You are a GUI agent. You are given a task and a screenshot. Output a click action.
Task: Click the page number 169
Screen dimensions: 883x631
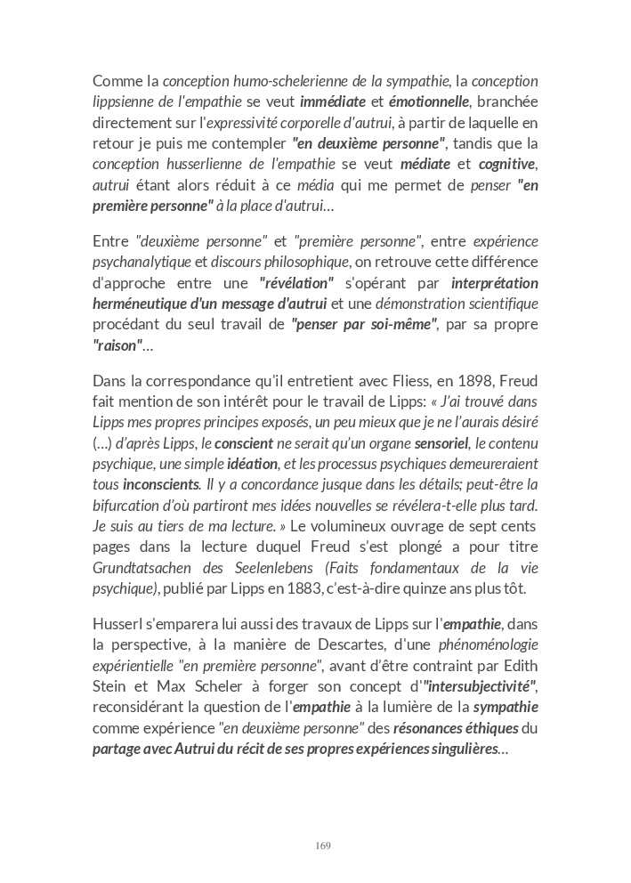point(323,846)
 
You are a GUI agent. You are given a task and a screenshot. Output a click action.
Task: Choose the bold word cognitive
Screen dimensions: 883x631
point(507,164)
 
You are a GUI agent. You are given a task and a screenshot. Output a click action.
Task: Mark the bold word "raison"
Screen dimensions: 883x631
point(117,346)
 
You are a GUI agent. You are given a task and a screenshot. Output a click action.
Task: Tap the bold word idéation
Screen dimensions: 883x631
point(252,464)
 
